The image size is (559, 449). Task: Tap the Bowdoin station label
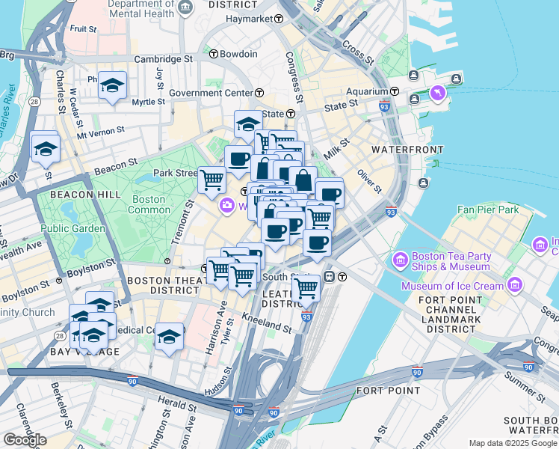(238, 54)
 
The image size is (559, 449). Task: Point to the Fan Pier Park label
(489, 210)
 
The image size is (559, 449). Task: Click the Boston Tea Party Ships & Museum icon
(400, 260)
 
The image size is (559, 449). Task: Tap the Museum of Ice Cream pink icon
(515, 284)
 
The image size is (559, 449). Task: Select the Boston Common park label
(149, 204)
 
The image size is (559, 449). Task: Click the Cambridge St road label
(163, 58)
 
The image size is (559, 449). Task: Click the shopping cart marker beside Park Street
(212, 178)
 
